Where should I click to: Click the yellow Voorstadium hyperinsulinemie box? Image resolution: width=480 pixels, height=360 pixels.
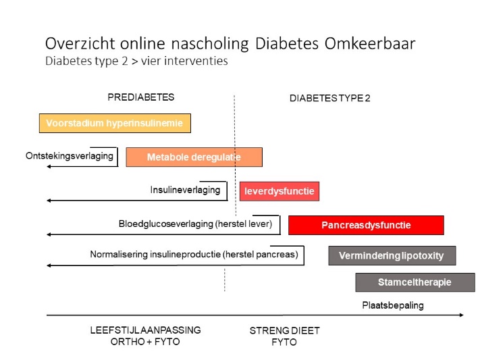[x=115, y=123]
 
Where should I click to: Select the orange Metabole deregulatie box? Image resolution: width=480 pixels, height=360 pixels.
[x=194, y=157]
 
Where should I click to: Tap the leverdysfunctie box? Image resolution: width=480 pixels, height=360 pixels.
[x=279, y=191]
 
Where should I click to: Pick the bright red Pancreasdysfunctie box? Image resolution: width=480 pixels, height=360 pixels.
[x=366, y=225]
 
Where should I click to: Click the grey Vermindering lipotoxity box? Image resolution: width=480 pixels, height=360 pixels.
[x=392, y=255]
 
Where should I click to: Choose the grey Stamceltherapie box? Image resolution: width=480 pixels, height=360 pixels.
[x=415, y=282]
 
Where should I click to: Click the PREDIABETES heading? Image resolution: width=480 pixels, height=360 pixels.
[x=141, y=97]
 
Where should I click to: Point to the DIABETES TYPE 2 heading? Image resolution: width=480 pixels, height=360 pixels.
[x=330, y=98]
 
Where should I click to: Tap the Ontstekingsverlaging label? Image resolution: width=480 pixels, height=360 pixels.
[x=70, y=156]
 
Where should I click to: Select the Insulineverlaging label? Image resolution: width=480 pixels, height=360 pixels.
[x=185, y=190]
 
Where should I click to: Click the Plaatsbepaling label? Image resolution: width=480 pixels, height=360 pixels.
[x=393, y=305]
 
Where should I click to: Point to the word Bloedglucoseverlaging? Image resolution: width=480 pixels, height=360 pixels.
[x=166, y=224]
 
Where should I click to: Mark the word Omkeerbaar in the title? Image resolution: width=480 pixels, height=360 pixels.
[x=370, y=43]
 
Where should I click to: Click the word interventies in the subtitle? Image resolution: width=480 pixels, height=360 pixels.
[x=196, y=61]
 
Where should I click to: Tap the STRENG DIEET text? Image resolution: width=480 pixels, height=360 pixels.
[x=285, y=331]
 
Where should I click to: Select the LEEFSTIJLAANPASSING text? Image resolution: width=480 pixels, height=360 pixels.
[x=145, y=330]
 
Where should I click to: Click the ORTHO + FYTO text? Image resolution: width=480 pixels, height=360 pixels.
[x=145, y=342]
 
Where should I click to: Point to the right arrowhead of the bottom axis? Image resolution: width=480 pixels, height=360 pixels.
[x=462, y=315]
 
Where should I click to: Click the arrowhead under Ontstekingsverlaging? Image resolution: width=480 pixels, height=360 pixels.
[x=49, y=166]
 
